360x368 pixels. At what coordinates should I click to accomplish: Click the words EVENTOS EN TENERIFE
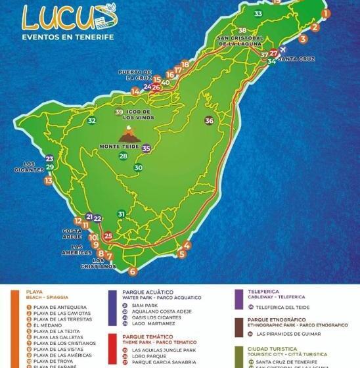click(68, 37)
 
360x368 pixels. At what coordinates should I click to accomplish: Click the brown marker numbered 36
click(209, 120)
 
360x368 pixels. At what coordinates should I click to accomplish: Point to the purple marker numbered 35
click(146, 149)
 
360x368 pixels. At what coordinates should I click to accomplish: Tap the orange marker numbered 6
click(133, 271)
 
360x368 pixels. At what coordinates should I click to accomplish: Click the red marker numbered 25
click(108, 236)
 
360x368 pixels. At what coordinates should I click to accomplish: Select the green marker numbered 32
click(93, 120)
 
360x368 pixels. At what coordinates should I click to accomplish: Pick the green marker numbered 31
click(121, 214)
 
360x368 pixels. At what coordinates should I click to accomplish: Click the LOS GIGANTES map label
click(33, 166)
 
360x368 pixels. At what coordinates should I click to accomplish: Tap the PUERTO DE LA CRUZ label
click(135, 74)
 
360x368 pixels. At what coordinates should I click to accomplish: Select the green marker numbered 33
click(258, 14)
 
